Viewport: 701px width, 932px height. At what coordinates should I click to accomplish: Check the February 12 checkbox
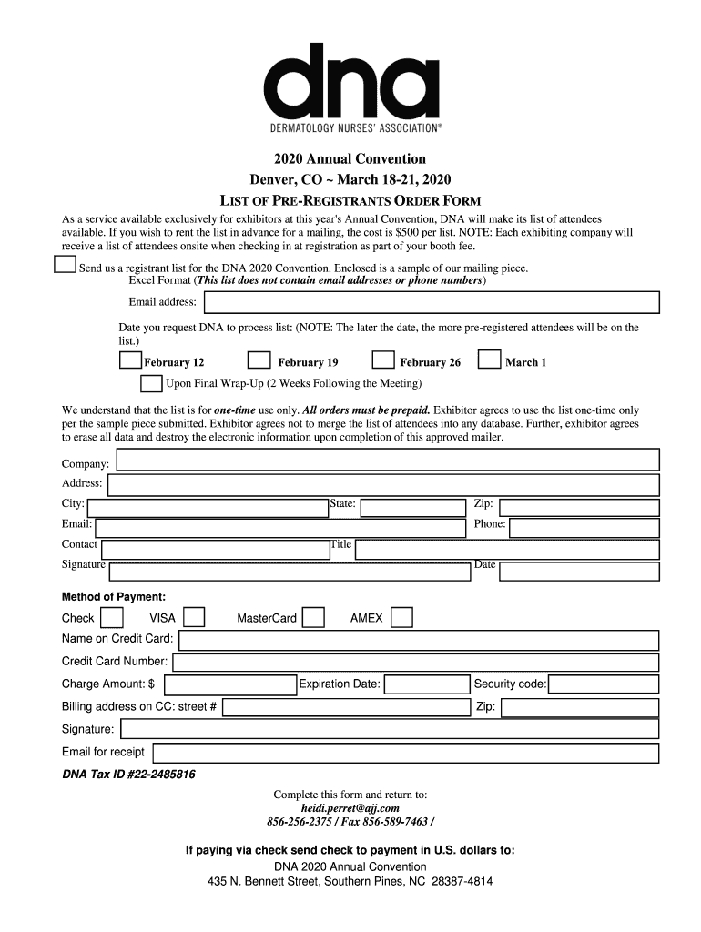click(130, 360)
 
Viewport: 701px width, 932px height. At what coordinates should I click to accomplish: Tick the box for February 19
click(259, 360)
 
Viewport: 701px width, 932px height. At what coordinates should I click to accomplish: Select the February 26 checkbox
click(383, 360)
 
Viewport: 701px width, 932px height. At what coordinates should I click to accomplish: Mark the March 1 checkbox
click(490, 360)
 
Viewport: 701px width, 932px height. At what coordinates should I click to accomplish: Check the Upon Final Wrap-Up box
click(151, 382)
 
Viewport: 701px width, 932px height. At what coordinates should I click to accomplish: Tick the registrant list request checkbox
click(65, 265)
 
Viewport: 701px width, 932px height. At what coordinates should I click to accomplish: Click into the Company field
click(388, 461)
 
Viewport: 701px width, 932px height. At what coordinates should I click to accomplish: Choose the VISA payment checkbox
click(193, 618)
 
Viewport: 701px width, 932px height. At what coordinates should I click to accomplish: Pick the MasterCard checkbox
click(313, 618)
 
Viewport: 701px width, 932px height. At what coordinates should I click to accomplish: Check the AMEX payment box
click(401, 618)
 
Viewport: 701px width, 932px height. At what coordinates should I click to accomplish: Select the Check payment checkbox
click(112, 618)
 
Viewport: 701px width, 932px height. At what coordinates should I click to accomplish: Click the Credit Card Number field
click(416, 663)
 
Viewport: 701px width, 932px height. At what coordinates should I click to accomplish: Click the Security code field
click(604, 684)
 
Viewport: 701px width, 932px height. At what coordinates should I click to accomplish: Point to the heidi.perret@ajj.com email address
click(350, 807)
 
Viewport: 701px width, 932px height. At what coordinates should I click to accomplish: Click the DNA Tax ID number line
click(128, 775)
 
